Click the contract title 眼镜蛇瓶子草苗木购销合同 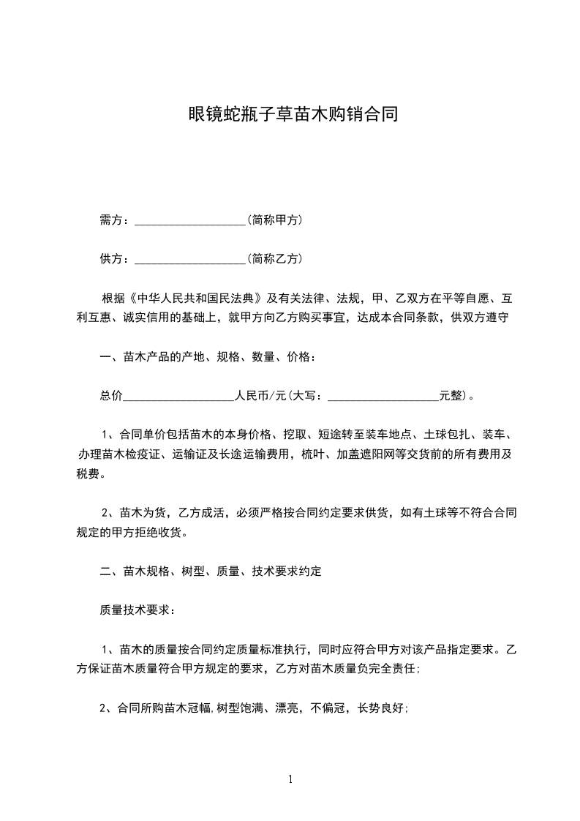290,115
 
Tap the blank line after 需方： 190,221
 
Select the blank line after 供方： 190,260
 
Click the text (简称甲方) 275,220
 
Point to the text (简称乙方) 275,258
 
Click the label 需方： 116,220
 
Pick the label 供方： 116,258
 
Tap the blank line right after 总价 178,398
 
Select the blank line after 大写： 383,398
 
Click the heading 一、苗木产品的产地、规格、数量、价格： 208,357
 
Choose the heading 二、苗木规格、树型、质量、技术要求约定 211,571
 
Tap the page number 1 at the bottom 290,779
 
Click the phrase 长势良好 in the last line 380,708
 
